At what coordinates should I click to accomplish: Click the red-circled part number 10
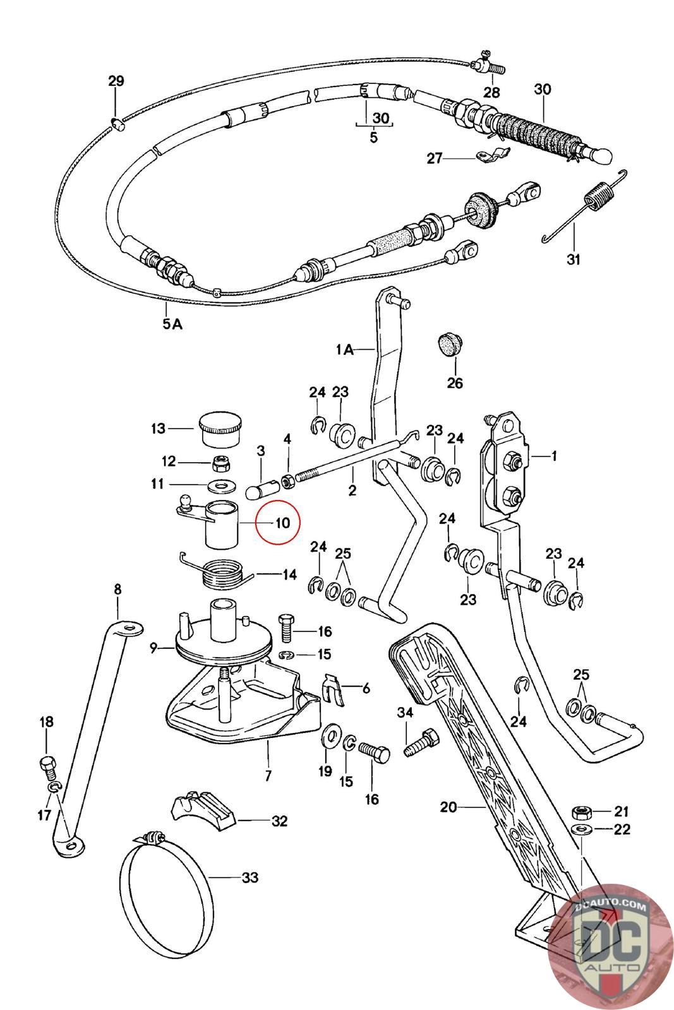coord(282,523)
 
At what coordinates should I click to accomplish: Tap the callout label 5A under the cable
coord(172,324)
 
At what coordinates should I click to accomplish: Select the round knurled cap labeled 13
coord(220,429)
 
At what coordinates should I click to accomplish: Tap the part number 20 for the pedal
coord(448,807)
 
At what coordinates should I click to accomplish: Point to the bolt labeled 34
coord(421,744)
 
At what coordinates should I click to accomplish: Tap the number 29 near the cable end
coord(116,81)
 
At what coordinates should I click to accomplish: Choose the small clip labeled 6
coord(333,689)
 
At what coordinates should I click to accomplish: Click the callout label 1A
coord(345,349)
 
